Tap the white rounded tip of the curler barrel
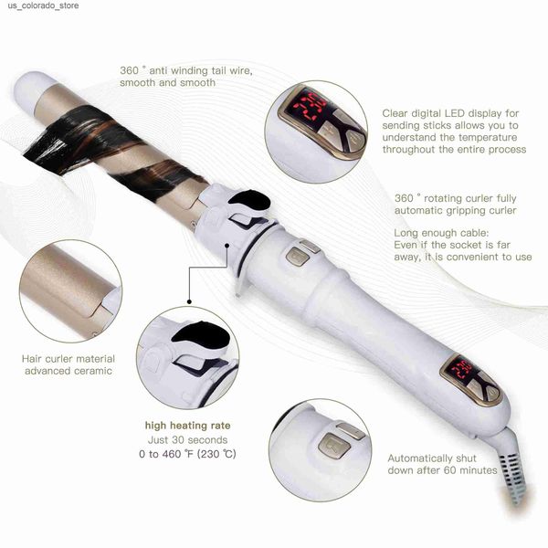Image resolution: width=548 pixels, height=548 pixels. click(30, 90)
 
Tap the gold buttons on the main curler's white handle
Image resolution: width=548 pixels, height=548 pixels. click(301, 253)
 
